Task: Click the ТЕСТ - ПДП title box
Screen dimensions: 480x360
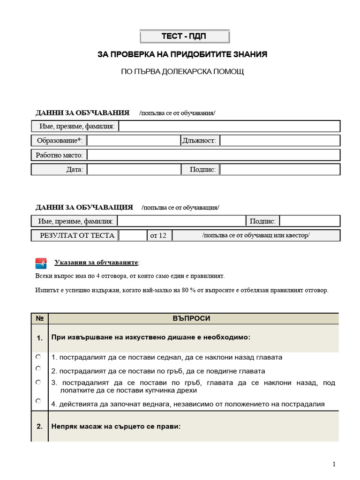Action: coord(185,37)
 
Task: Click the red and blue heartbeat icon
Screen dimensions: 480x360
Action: coord(41,263)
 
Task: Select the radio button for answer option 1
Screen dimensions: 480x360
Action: coord(38,357)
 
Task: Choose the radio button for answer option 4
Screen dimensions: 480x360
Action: coord(38,401)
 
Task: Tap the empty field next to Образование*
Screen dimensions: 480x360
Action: coord(134,141)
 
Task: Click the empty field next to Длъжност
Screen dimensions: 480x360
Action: coord(280,141)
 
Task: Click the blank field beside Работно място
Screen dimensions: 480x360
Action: coord(213,155)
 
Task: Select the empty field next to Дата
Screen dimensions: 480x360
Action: coord(134,170)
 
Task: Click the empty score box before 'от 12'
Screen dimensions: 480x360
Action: coord(133,235)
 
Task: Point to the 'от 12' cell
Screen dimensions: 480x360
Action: coord(158,235)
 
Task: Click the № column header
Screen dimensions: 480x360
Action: coord(39,318)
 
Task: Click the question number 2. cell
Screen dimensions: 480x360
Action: coord(39,427)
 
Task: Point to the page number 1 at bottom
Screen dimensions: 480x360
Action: coord(334,465)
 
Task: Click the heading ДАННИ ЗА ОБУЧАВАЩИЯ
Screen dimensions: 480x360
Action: coord(84,207)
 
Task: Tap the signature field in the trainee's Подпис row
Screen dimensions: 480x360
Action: coord(280,170)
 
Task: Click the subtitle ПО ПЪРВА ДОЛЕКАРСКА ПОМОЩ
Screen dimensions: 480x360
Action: coord(182,72)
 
